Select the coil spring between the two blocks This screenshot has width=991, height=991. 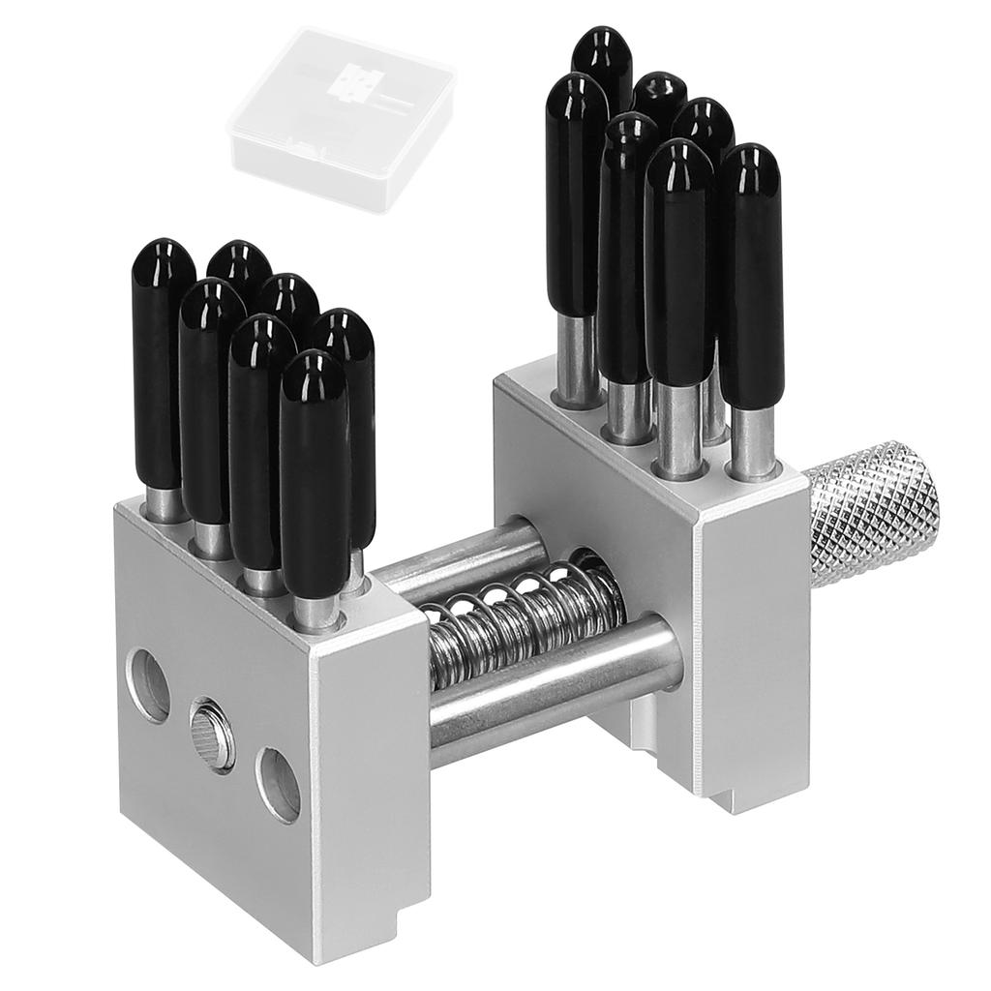(523, 619)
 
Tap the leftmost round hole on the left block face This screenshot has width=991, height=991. (147, 685)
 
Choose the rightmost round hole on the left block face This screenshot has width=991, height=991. (279, 784)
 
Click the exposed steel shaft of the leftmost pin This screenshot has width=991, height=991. (165, 503)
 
